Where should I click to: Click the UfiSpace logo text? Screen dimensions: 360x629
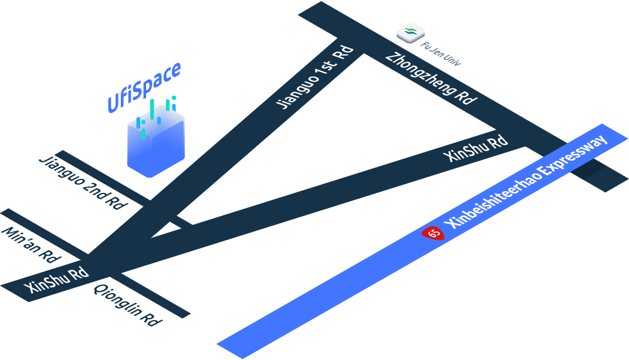(144, 87)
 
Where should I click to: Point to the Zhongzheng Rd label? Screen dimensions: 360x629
(430, 79)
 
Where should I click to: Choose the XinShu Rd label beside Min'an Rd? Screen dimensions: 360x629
(57, 280)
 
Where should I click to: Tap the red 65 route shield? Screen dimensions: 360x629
(434, 233)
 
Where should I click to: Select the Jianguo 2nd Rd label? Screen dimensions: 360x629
(83, 182)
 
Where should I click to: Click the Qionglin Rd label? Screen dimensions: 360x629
(127, 305)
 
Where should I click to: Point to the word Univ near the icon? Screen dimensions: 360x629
(450, 58)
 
